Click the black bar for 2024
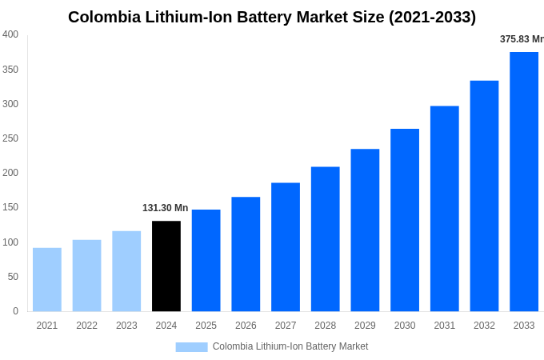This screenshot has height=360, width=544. pyautogui.click(x=166, y=266)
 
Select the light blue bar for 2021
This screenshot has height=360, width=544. pyautogui.click(x=47, y=279)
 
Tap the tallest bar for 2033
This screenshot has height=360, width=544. pyautogui.click(x=524, y=182)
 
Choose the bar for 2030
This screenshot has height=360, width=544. pyautogui.click(x=405, y=220)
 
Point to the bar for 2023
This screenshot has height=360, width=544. pyautogui.click(x=126, y=271)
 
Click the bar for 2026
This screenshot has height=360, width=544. pyautogui.click(x=246, y=254)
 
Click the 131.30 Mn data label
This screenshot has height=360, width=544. pyautogui.click(x=166, y=208)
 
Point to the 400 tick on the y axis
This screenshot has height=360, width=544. pyautogui.click(x=10, y=34)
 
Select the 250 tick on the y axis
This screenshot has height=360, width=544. pyautogui.click(x=10, y=138)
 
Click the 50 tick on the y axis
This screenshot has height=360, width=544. pyautogui.click(x=13, y=277)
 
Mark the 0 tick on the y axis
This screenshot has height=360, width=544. pyautogui.click(x=15, y=311)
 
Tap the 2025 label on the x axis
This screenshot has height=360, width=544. pyautogui.click(x=206, y=326)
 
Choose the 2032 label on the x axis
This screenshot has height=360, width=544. pyautogui.click(x=484, y=326)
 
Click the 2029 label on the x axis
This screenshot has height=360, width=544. pyautogui.click(x=365, y=326)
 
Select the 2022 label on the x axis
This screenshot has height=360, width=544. pyautogui.click(x=86, y=326)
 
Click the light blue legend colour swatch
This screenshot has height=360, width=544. pyautogui.click(x=191, y=347)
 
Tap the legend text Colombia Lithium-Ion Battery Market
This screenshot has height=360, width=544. pyautogui.click(x=290, y=346)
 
